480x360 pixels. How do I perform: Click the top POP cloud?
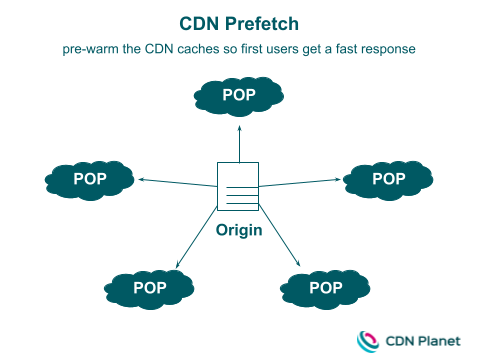239,95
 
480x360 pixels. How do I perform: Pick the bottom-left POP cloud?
149,288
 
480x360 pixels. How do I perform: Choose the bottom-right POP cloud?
325,288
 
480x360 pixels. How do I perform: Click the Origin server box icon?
238,185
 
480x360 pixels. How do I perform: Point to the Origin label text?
239,230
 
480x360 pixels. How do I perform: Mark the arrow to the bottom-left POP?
197,240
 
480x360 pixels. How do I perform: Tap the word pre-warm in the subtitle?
92,48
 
